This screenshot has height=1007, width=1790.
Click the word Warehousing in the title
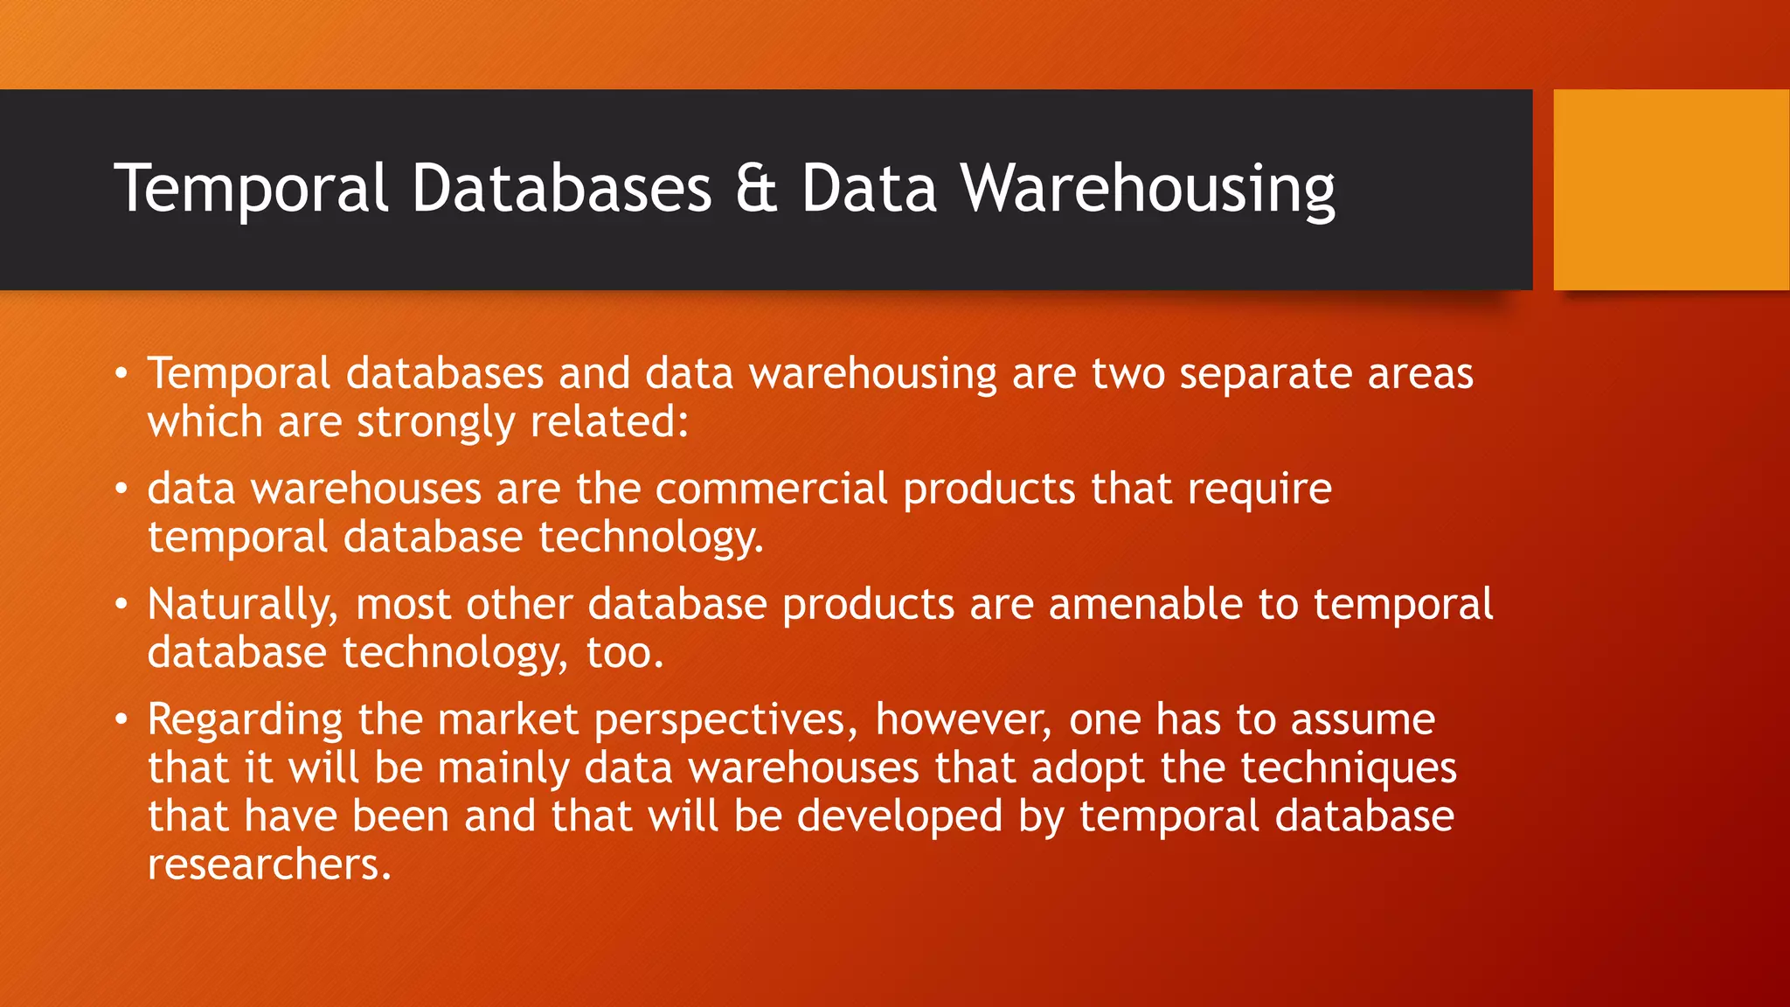(x=1148, y=189)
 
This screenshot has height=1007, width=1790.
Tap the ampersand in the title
(x=756, y=189)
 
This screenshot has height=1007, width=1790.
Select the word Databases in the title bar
(x=562, y=189)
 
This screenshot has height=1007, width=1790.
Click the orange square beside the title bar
(x=1671, y=190)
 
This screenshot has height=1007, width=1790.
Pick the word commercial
(x=772, y=489)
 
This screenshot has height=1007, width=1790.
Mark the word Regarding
(x=245, y=721)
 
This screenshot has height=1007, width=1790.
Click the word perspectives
(x=720, y=721)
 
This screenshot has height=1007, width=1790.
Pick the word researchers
(x=269, y=865)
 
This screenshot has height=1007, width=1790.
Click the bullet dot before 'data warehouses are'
(x=121, y=489)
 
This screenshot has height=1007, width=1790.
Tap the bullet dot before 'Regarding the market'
(x=121, y=719)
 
